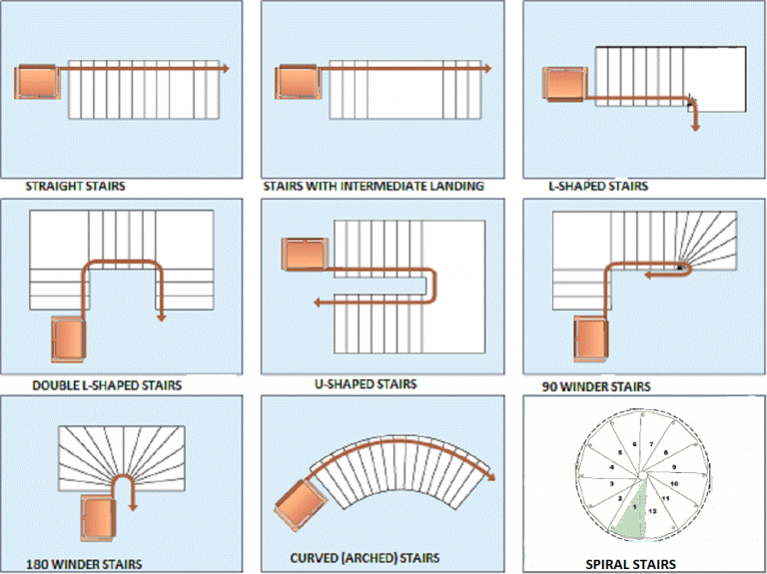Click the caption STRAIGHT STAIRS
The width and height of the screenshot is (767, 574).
[x=76, y=186]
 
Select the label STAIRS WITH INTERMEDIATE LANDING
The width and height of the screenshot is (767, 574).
[x=374, y=186]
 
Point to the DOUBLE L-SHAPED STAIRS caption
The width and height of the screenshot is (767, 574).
[x=107, y=384]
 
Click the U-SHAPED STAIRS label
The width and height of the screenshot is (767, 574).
[x=365, y=383]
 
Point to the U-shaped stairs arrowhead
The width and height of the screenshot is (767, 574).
[x=316, y=301]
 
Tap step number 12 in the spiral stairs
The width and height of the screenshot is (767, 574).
[x=653, y=511]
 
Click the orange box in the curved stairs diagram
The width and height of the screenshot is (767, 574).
[x=297, y=506]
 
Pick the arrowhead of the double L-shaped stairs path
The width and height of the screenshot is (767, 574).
[x=160, y=315]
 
